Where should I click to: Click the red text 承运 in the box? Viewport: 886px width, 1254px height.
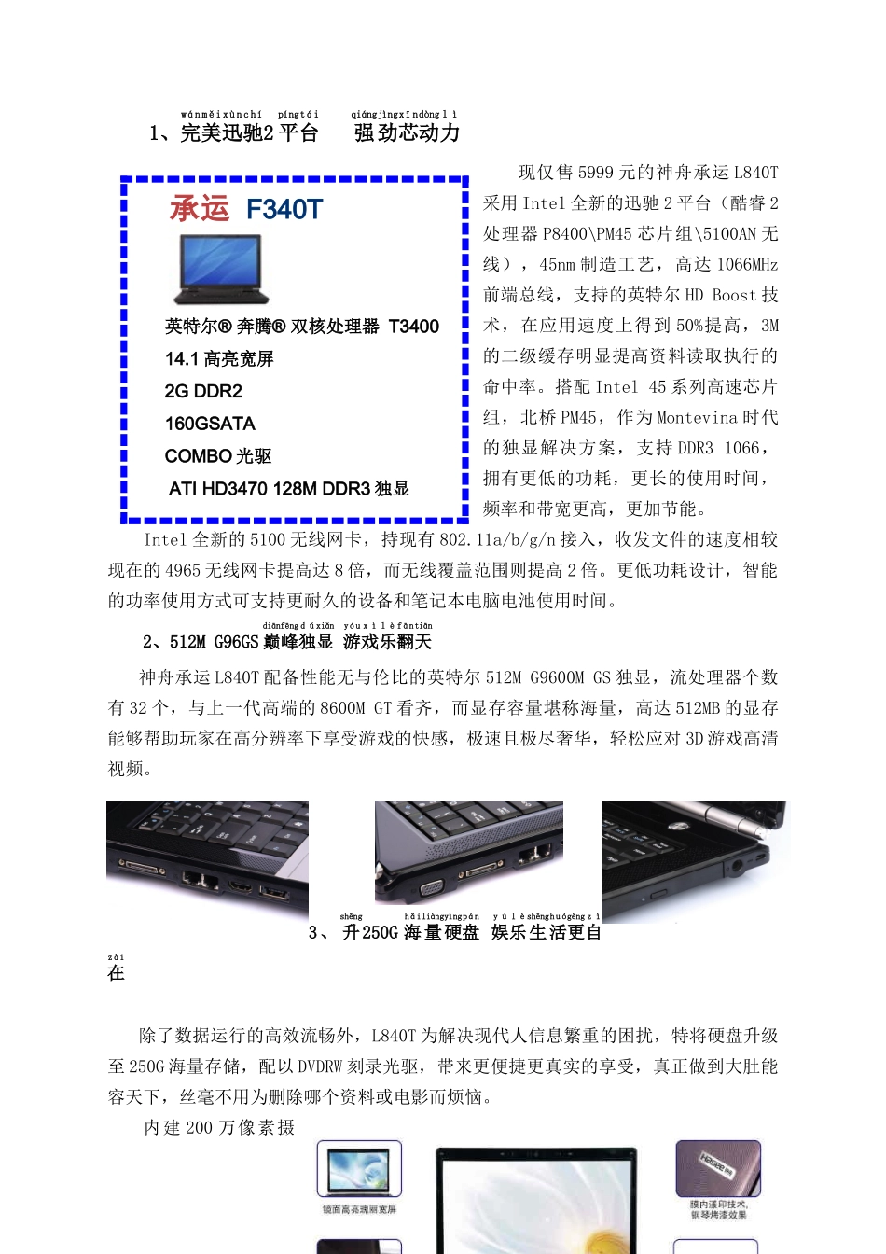click(x=200, y=208)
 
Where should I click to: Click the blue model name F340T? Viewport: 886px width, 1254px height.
click(x=284, y=210)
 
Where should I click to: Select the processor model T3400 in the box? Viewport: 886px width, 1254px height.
click(x=413, y=327)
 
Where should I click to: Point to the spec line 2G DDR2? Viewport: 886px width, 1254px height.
click(x=203, y=391)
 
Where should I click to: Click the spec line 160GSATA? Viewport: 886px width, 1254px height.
click(x=210, y=424)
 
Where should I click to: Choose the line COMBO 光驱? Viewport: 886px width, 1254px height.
click(x=218, y=456)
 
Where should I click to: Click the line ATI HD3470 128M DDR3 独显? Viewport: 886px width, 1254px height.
click(x=289, y=489)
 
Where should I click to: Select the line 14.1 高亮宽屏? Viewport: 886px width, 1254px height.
click(x=219, y=359)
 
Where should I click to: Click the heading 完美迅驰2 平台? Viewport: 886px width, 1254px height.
click(x=249, y=133)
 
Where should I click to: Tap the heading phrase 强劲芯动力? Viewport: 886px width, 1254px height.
click(x=407, y=133)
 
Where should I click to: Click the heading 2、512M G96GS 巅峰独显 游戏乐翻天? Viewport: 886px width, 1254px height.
click(x=287, y=642)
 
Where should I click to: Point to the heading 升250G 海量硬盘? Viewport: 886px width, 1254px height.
click(x=410, y=932)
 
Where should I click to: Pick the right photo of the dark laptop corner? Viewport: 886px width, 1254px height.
click(x=694, y=860)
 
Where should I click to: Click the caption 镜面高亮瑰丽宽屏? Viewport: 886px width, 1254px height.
click(x=359, y=1209)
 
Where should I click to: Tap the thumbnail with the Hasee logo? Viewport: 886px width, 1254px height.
click(x=717, y=1168)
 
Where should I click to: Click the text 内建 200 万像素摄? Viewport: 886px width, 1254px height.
click(x=219, y=1128)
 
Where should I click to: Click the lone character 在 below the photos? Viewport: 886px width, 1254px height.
click(x=116, y=973)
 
